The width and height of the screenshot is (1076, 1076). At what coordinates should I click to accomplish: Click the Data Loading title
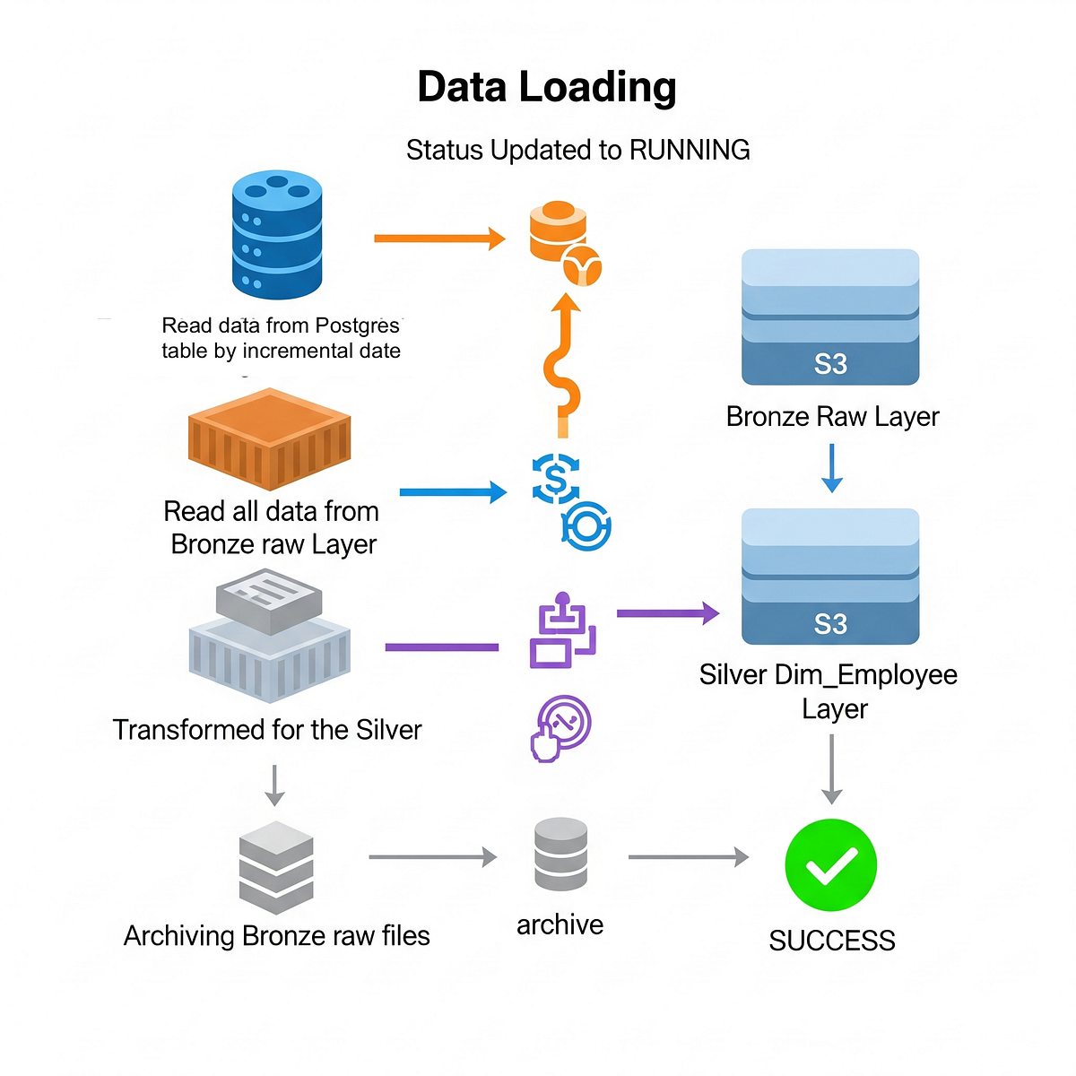pyautogui.click(x=546, y=87)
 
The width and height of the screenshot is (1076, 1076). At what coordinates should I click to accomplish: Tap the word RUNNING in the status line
pyautogui.click(x=690, y=150)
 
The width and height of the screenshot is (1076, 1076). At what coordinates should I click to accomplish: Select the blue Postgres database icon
pyautogui.click(x=277, y=236)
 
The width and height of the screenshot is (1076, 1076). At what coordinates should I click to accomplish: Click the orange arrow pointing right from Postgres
pyautogui.click(x=439, y=239)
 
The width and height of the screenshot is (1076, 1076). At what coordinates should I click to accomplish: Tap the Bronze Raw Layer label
pyautogui.click(x=832, y=417)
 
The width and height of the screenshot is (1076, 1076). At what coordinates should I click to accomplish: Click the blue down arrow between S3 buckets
pyautogui.click(x=832, y=468)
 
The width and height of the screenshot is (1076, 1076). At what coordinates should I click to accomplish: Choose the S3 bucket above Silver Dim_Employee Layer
pyautogui.click(x=830, y=577)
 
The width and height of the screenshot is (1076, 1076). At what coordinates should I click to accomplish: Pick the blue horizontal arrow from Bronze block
pyautogui.click(x=453, y=492)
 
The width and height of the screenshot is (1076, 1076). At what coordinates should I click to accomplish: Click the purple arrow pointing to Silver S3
pyautogui.click(x=668, y=613)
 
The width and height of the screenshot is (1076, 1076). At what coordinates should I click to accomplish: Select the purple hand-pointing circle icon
pyautogui.click(x=560, y=727)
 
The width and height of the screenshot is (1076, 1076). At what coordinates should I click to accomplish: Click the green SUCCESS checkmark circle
pyautogui.click(x=830, y=865)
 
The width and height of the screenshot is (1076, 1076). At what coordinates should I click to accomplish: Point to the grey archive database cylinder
pyautogui.click(x=560, y=854)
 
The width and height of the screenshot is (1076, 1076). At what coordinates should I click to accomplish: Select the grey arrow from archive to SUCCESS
pyautogui.click(x=688, y=857)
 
